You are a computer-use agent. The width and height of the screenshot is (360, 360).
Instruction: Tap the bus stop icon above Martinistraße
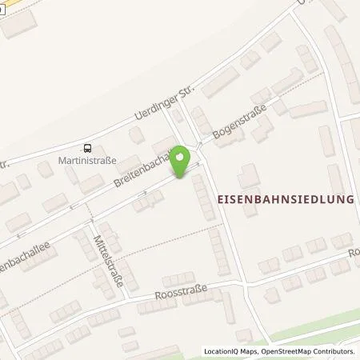pos(88,148)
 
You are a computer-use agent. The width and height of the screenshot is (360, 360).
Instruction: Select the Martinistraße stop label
pos(88,160)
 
